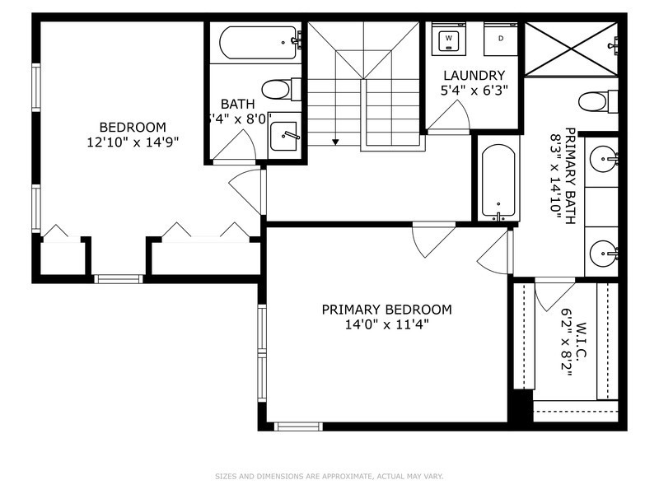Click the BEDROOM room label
(133, 127)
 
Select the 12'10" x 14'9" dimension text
(133, 142)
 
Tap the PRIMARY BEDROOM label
(386, 310)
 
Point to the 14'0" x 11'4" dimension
(386, 324)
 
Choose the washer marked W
(449, 38)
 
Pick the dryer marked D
(501, 38)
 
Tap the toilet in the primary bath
(597, 101)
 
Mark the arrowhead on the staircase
(335, 142)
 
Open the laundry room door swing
(449, 119)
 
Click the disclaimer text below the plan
(329, 476)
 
